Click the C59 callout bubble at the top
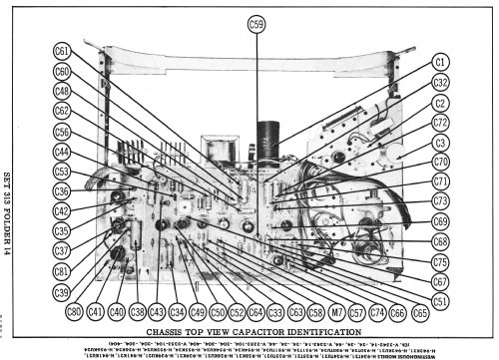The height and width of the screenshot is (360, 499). pyautogui.click(x=256, y=24)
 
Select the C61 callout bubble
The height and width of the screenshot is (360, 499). pyautogui.click(x=62, y=52)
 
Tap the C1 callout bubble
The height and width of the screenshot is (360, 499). pyautogui.click(x=440, y=62)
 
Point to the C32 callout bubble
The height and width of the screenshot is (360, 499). pyautogui.click(x=440, y=82)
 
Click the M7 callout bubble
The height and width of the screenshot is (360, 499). pyautogui.click(x=336, y=310)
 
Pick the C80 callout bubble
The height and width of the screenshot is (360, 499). pyautogui.click(x=74, y=310)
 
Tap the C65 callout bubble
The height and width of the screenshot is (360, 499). pyautogui.click(x=420, y=311)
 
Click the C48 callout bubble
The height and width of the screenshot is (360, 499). pyautogui.click(x=62, y=92)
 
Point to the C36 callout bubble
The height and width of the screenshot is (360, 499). pyautogui.click(x=62, y=191)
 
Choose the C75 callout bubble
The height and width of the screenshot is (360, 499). pyautogui.click(x=440, y=261)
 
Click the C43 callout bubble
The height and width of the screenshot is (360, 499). pyautogui.click(x=157, y=310)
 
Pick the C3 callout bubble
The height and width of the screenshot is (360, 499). pyautogui.click(x=440, y=142)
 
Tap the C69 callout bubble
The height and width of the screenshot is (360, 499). pyautogui.click(x=440, y=221)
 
